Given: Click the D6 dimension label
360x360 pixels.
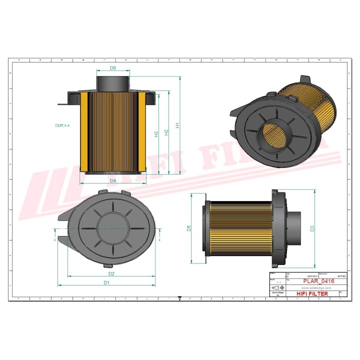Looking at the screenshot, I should coord(113,68).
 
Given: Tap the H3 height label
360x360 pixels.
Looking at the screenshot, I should coord(156,133).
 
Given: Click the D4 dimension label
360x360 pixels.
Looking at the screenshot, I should coord(113,180).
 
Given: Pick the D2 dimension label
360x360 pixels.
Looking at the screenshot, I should coord(112,273).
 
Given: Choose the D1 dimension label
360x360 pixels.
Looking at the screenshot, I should coord(106,282).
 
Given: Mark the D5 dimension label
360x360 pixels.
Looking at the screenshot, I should coord(189,228).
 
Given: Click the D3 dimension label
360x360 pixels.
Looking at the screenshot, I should coord(312,228).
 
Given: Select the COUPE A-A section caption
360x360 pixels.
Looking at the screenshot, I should coord(62,125).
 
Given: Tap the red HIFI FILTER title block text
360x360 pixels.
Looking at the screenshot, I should coord(312,294).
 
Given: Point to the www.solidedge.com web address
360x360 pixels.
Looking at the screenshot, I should coord(312,288).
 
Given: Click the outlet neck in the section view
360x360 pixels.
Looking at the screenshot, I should coord(113,81).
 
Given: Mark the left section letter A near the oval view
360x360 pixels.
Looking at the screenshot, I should coord(54,240).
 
